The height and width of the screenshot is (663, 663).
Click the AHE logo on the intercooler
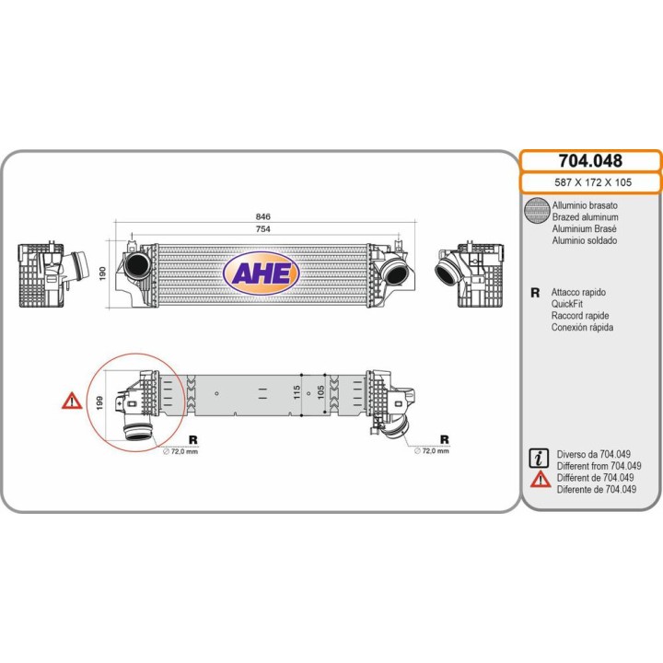point(261,273)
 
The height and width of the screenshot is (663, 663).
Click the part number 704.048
point(590,160)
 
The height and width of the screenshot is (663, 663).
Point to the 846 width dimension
point(262,216)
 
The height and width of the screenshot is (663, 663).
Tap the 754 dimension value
point(262,228)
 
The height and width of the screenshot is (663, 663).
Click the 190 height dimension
point(102,273)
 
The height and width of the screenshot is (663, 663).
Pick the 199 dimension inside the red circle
point(99,403)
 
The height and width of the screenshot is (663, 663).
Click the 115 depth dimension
point(297,392)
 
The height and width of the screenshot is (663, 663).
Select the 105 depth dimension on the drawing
point(320,392)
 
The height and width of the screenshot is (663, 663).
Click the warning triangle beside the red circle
point(72,401)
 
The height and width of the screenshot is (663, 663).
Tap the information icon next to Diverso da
point(539,458)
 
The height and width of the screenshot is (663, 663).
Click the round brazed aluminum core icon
point(537,210)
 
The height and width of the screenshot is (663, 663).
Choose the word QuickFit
point(566,304)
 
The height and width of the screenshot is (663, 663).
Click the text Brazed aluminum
point(586,217)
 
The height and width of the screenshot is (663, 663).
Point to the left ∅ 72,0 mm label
point(180,451)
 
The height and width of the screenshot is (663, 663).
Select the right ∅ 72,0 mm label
point(432,450)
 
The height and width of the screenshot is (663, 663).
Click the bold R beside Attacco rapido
point(535,293)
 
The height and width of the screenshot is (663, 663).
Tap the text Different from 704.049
point(599,466)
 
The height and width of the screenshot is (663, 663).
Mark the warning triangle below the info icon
point(541,480)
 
